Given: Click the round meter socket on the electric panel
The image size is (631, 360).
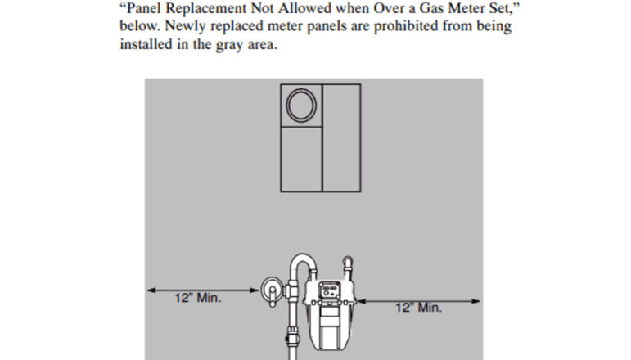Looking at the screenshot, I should click(300, 105).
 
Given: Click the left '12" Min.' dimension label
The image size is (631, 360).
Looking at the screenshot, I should click(197, 298).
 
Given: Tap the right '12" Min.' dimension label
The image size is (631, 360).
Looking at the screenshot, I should click(419, 308).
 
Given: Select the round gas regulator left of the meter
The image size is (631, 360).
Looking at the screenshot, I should click(270, 290).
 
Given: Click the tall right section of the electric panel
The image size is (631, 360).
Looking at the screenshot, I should click(340, 137).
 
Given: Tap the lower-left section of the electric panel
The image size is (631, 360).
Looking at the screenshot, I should click(300, 159).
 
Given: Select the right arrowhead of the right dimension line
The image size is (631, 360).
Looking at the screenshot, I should click(478, 300).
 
